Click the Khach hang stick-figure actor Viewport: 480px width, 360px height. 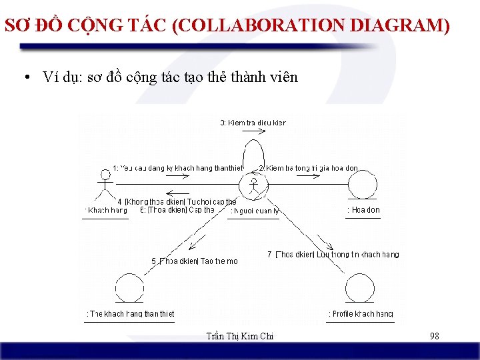click(x=104, y=185)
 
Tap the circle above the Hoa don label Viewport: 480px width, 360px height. click(x=363, y=185)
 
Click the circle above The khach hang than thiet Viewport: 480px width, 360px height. click(x=129, y=289)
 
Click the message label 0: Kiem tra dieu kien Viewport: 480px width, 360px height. click(x=253, y=123)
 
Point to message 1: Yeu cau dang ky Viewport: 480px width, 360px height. click(x=177, y=169)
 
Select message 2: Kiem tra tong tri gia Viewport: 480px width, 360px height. click(x=308, y=169)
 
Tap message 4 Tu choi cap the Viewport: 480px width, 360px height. click(x=177, y=201)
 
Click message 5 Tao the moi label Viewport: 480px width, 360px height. click(x=194, y=261)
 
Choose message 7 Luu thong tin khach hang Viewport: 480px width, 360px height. click(x=333, y=255)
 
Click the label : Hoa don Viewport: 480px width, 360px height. click(x=363, y=210)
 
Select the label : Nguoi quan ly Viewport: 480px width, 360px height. click(x=254, y=211)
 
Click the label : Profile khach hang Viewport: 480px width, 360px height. click(x=361, y=314)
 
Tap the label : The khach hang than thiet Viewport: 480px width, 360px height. click(x=130, y=314)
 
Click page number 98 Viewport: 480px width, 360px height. click(x=435, y=337)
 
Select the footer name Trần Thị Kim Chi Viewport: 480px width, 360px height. click(x=240, y=337)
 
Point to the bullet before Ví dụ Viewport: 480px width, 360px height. click(x=24, y=78)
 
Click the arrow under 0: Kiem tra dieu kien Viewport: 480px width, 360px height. click(x=254, y=132)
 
